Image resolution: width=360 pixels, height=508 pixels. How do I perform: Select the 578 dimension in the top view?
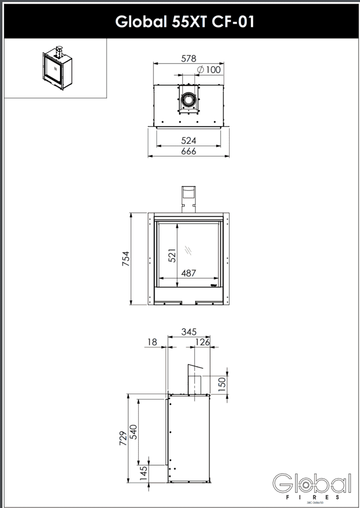coord(189,58)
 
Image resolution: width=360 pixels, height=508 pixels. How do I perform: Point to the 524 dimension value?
coord(189,140)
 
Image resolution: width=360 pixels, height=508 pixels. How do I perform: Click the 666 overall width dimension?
coord(189,151)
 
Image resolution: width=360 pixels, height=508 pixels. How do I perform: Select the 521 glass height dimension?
coord(172,256)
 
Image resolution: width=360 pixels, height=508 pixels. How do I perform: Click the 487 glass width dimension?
coord(188,273)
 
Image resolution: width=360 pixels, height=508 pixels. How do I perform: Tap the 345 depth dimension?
coord(189,332)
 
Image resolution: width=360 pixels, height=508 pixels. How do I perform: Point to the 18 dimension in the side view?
coord(151,342)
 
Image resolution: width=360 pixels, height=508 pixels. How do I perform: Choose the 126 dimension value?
coord(203,342)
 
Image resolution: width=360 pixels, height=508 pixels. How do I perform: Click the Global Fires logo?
coord(312,485)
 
